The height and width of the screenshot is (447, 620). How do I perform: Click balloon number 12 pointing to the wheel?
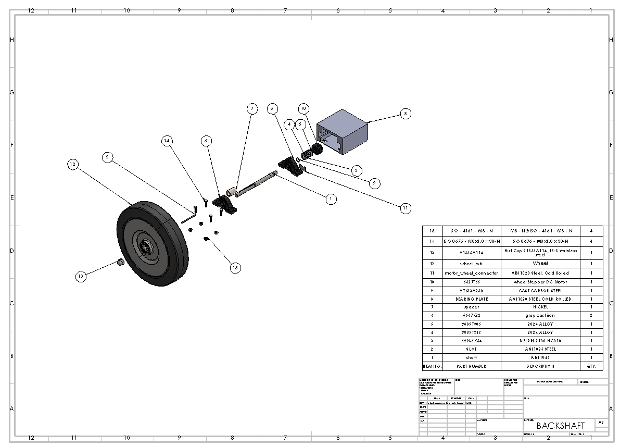point(72,164)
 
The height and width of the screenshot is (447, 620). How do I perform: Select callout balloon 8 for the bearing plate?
point(406,114)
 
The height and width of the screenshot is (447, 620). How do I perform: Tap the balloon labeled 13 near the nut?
point(81,277)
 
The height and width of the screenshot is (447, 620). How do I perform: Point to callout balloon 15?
point(235,267)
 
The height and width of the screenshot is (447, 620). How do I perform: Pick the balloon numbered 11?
point(406,208)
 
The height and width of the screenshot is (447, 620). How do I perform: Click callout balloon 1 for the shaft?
point(329,198)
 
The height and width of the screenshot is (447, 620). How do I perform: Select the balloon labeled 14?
point(167,141)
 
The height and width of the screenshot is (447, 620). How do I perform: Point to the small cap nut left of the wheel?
point(120,262)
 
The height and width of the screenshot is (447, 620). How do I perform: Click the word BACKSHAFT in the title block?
point(560,426)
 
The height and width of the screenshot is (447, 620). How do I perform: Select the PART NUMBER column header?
point(471,366)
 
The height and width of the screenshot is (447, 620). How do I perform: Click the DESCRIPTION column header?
point(543,366)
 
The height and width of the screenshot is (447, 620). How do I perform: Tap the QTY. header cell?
point(591,366)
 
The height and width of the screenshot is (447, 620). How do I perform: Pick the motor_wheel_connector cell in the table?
point(471,273)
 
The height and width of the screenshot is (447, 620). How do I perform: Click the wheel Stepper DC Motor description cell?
point(543,282)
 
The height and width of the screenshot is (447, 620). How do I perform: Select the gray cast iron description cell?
point(543,316)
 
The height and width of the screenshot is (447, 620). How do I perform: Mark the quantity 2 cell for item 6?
point(591,316)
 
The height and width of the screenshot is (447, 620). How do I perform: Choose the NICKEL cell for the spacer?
point(543,307)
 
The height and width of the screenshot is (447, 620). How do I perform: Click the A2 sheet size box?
point(601,423)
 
